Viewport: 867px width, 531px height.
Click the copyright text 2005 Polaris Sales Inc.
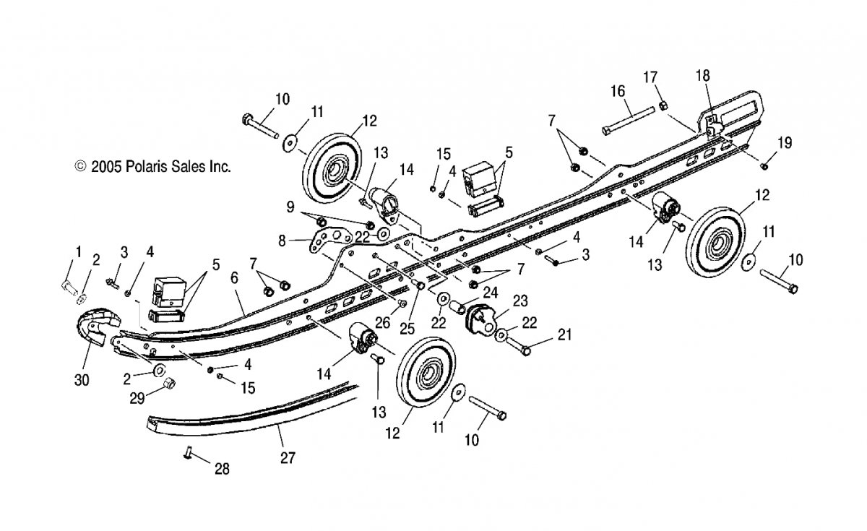[x=153, y=167]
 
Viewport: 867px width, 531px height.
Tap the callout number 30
[x=82, y=381]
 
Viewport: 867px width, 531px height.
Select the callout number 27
[x=288, y=458]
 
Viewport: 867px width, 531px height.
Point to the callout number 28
[x=223, y=469]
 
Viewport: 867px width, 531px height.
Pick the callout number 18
[x=703, y=75]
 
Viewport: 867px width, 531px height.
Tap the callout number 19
[x=785, y=143]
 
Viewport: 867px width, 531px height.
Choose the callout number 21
[x=565, y=334]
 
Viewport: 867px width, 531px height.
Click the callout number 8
[x=282, y=241]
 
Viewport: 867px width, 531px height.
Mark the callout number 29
[x=137, y=398]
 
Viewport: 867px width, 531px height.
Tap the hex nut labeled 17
[x=663, y=105]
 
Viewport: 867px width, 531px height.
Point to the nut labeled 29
[x=170, y=383]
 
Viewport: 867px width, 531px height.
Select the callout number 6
[x=234, y=278]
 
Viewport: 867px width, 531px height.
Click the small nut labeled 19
[x=764, y=166]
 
